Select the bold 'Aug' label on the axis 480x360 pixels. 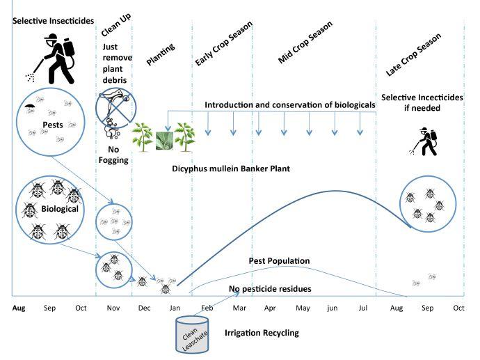(x=19, y=307)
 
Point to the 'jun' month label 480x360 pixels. (x=333, y=307)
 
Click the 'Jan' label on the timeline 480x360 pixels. (x=175, y=307)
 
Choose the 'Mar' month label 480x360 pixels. (x=239, y=307)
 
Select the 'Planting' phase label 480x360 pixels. (x=160, y=55)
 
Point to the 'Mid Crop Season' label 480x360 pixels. (x=305, y=42)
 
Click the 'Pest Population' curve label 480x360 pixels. (x=278, y=260)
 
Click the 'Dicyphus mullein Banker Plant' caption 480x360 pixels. (x=231, y=168)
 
